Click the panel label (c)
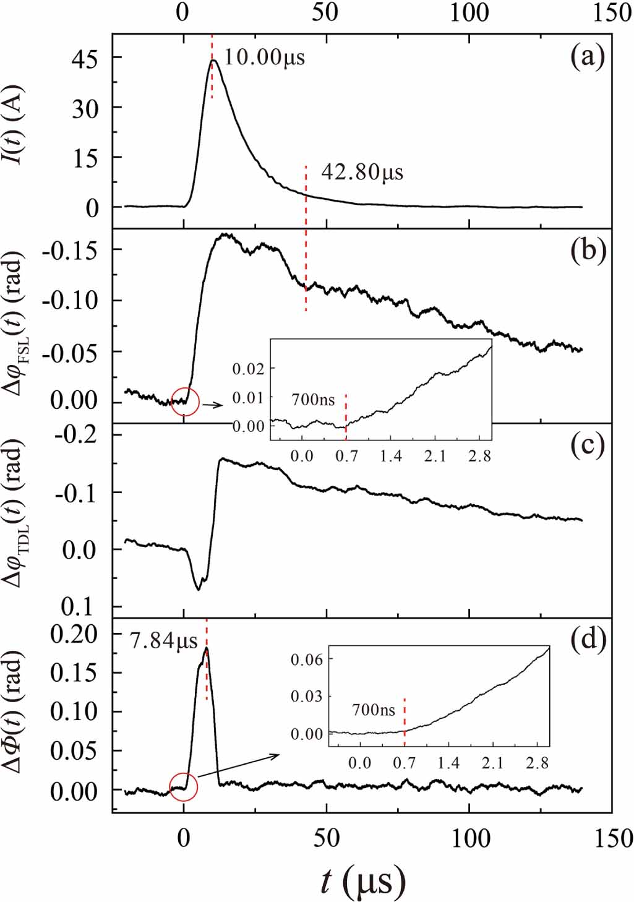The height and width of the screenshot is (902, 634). click(x=587, y=446)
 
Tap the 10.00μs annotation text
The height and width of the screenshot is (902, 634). click(x=264, y=58)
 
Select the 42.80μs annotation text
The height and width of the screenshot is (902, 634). click(x=362, y=172)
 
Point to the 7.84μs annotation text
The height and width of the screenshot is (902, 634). click(x=163, y=641)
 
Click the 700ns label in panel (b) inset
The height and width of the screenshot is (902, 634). click(x=313, y=400)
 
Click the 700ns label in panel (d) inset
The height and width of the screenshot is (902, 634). click(x=374, y=710)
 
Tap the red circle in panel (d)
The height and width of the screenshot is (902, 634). click(x=183, y=787)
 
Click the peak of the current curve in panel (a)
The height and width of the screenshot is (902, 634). click(x=213, y=61)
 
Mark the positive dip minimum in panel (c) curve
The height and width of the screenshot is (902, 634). click(x=198, y=589)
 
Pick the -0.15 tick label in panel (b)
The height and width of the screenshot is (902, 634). click(x=69, y=250)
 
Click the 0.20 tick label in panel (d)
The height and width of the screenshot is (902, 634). click(x=74, y=634)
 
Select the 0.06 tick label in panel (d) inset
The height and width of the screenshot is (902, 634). click(x=307, y=659)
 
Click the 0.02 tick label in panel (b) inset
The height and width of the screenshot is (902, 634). click(x=248, y=369)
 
